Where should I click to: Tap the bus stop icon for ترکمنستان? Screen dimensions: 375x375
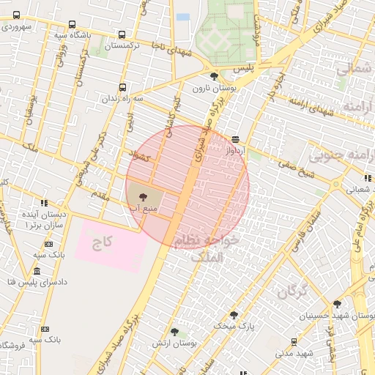click(122, 34)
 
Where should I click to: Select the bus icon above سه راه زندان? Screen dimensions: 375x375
click(122, 87)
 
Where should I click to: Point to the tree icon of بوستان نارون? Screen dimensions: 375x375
click(213, 76)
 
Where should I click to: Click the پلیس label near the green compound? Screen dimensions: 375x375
click(243, 67)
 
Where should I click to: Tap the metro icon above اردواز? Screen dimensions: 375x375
click(235, 138)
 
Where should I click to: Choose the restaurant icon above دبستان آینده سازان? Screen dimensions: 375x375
click(45, 203)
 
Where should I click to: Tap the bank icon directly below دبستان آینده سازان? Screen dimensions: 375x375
click(48, 244)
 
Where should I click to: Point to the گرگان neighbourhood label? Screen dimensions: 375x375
click(292, 293)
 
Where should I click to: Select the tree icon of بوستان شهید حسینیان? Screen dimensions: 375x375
click(338, 304)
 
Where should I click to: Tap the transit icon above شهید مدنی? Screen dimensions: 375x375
click(294, 341)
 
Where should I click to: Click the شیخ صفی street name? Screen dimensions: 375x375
click(287, 172)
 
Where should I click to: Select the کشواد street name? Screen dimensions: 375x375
click(139, 156)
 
